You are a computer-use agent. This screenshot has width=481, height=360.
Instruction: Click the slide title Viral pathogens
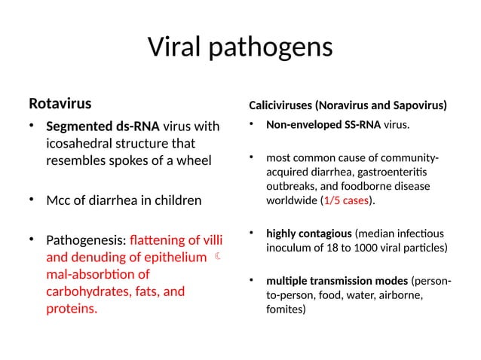(240, 47)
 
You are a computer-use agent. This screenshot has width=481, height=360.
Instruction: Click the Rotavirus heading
(60, 102)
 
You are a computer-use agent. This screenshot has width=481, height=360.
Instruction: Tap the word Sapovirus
(419, 104)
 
